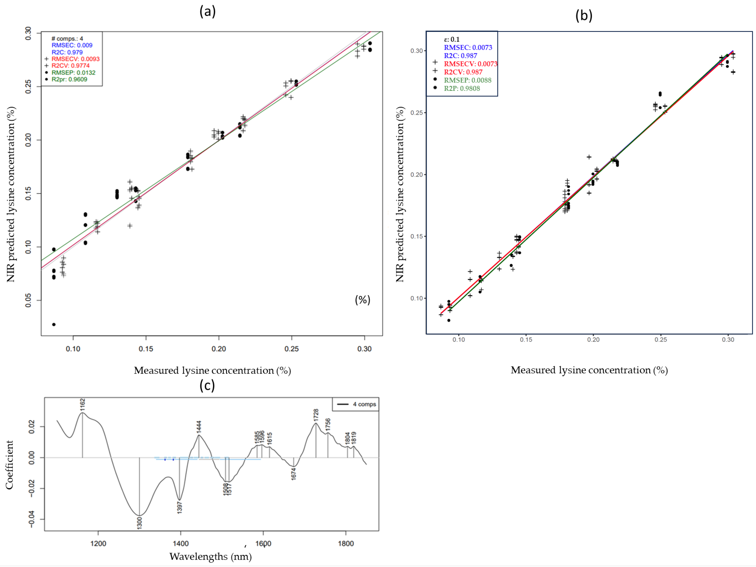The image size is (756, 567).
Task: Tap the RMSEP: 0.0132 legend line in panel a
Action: tap(73, 72)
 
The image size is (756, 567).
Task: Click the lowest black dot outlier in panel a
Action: tap(54, 324)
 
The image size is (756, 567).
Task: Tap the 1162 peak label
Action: tap(82, 404)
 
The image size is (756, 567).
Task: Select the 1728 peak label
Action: tap(316, 415)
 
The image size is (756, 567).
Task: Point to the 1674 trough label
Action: tap(294, 474)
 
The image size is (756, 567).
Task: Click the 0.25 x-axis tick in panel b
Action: tap(661, 340)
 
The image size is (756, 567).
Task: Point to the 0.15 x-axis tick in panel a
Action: tap(146, 349)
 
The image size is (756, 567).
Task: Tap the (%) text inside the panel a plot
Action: tap(363, 300)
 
